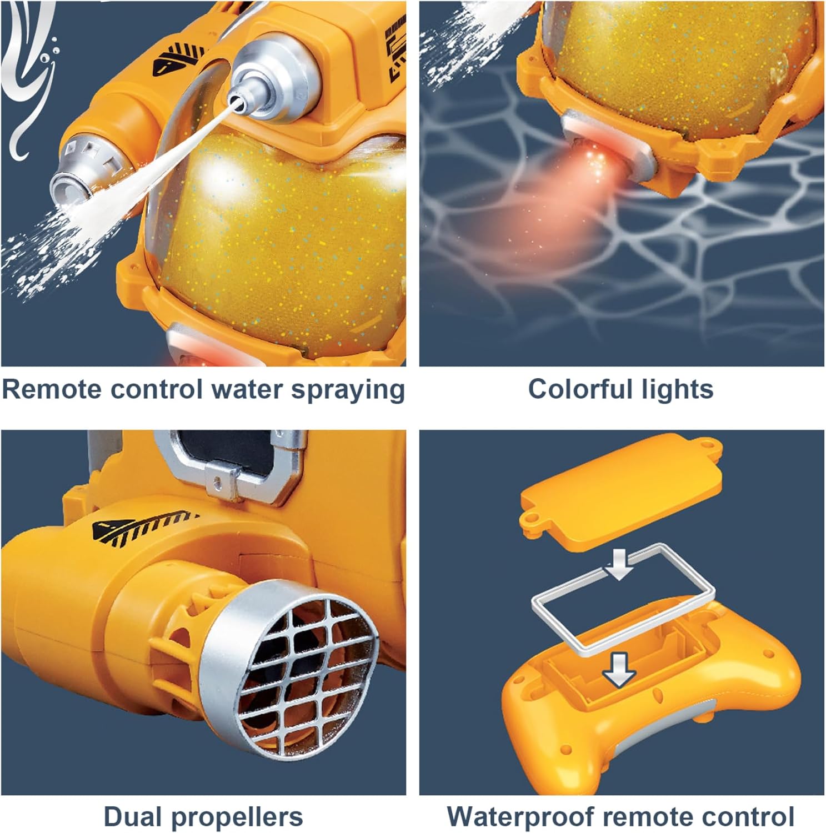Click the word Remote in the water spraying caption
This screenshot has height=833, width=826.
point(52,390)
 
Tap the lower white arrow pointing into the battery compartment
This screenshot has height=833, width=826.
point(619,669)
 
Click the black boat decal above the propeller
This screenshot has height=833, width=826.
point(144,525)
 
